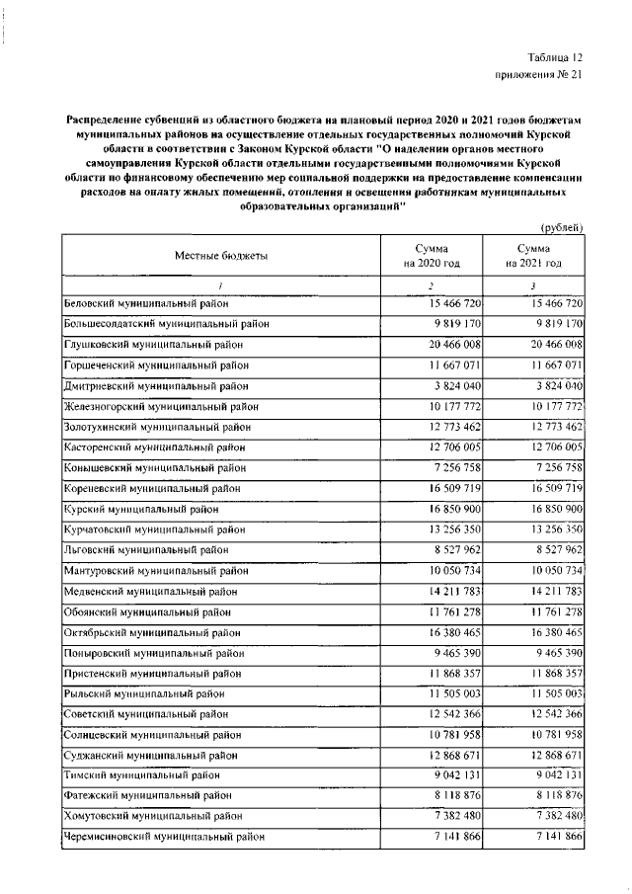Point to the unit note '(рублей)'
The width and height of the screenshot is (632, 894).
pos(561,226)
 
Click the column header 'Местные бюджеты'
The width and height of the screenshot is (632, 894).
pos(221,256)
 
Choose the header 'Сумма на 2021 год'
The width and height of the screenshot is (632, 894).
pos(533,257)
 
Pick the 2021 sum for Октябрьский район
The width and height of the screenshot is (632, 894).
pos(554,633)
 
